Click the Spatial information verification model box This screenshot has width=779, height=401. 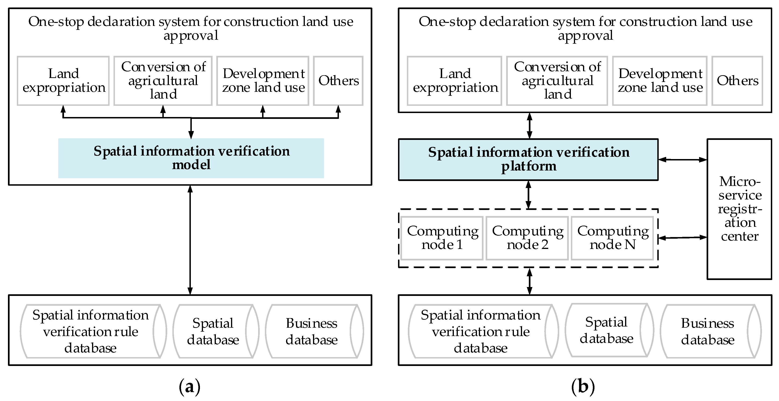click(191, 158)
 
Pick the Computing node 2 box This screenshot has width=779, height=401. click(527, 238)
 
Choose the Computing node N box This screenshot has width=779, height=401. click(612, 238)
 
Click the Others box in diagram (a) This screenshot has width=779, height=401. click(338, 81)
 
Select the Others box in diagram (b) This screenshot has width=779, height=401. click(737, 81)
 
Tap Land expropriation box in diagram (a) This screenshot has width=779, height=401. click(63, 81)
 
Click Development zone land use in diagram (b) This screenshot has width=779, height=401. click(660, 81)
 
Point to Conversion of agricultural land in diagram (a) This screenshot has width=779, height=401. click(163, 81)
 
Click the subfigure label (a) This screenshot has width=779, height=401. click(190, 387)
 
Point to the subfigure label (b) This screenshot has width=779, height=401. click(583, 387)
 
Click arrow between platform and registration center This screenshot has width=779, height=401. click(683, 159)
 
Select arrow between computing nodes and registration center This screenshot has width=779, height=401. click(683, 238)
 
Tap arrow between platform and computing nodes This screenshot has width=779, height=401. click(528, 195)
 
